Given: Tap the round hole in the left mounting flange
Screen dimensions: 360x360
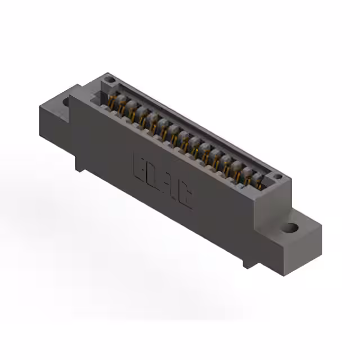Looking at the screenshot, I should (x=66, y=103).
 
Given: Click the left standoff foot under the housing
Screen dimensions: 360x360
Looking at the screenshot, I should (x=79, y=165).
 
